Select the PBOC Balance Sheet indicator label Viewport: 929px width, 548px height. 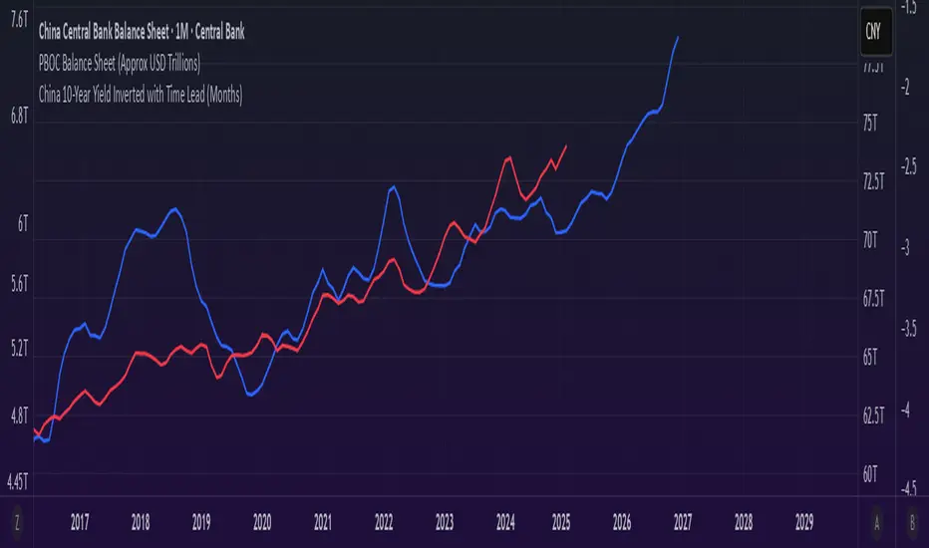click(118, 64)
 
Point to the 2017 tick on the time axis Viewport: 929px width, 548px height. click(81, 521)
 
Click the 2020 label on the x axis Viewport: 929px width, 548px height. click(262, 521)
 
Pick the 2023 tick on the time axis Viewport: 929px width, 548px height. click(445, 521)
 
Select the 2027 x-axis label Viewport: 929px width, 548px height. click(684, 521)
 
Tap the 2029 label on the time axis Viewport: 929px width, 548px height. click(804, 521)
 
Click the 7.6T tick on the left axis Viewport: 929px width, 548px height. click(18, 16)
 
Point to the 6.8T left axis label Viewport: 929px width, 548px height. click(18, 116)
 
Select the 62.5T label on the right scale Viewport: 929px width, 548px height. click(873, 415)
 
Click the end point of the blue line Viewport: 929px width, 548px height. click(679, 37)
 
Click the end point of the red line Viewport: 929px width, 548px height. click(566, 146)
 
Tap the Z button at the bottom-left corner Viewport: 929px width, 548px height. click(17, 521)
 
